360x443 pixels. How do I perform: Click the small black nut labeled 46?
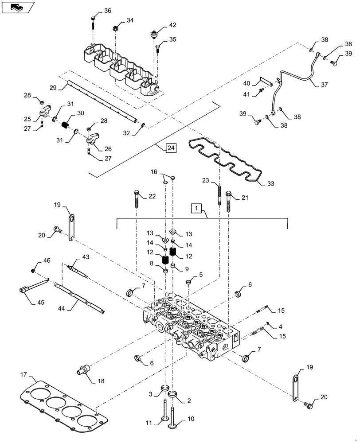pyautogui.click(x=33, y=270)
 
